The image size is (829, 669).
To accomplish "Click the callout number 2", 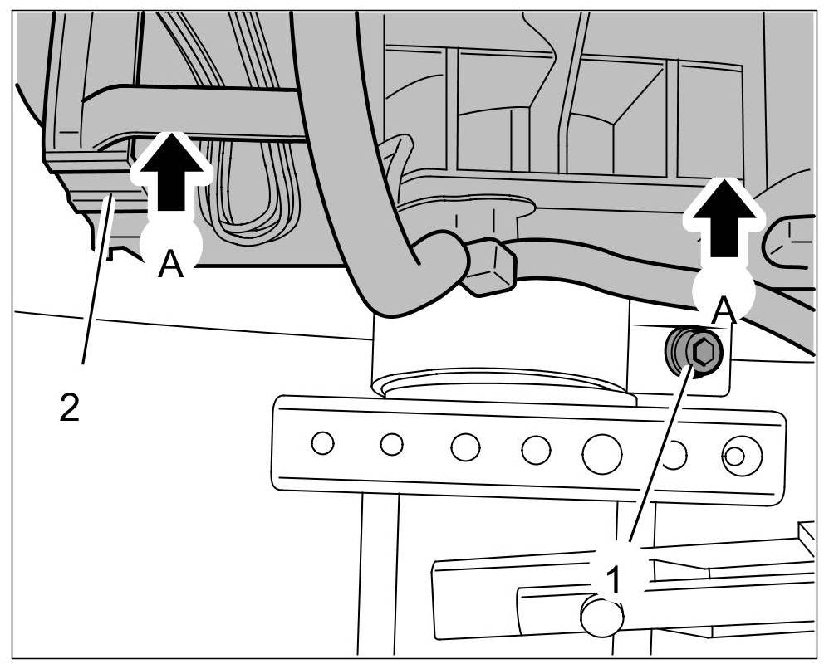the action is click(70, 408).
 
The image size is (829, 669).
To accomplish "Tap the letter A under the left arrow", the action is click(170, 265).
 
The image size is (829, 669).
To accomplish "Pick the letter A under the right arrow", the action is click(724, 310).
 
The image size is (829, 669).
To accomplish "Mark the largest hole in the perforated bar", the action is click(602, 452).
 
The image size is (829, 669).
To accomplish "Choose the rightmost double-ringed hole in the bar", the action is click(735, 456).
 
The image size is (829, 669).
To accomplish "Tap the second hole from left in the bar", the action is click(391, 445).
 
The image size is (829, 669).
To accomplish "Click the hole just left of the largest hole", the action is click(536, 450).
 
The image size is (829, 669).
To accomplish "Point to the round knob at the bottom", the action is click(602, 617).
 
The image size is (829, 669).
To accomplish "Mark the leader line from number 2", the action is click(96, 282).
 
